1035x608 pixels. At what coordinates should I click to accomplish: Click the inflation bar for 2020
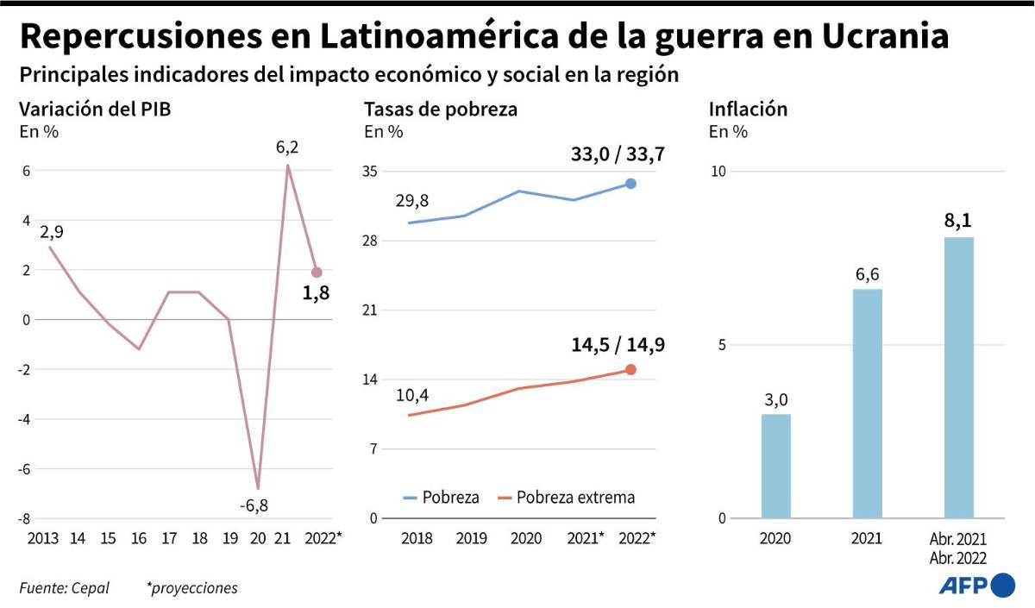pos(775,466)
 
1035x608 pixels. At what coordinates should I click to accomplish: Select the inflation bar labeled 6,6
pos(867,404)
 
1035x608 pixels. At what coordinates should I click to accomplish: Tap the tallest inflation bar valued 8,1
pos(958,378)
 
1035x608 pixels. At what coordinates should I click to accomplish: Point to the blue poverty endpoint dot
pos(630,184)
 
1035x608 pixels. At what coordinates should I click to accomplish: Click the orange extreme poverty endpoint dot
pos(630,369)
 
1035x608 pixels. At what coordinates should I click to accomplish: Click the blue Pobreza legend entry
pos(441,498)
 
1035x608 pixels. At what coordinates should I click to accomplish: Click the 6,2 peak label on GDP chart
pos(287,147)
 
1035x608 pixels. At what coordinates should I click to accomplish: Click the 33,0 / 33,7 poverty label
pos(618,155)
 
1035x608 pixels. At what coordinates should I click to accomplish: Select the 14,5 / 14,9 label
pos(618,345)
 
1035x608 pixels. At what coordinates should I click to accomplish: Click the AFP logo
pos(976,586)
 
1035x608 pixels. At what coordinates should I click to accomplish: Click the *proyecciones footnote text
pos(191,588)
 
